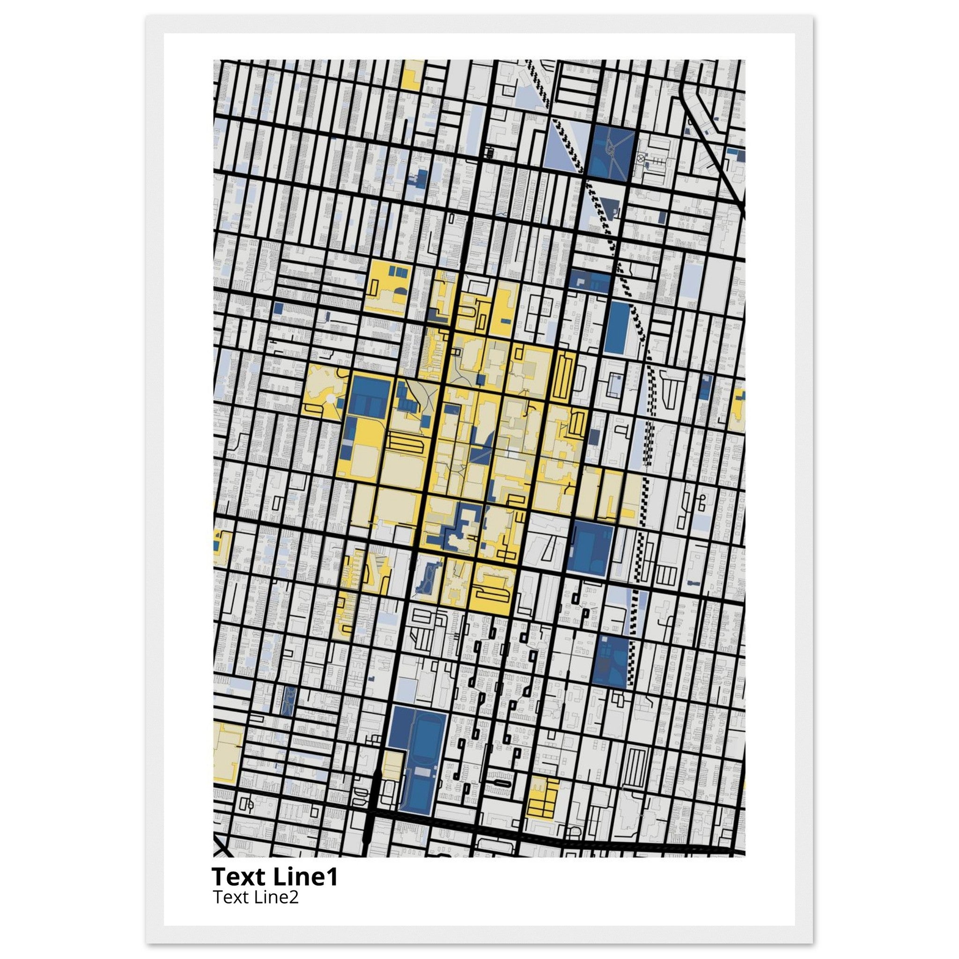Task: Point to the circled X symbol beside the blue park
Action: [x=641, y=159]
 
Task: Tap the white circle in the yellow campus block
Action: [x=330, y=398]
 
